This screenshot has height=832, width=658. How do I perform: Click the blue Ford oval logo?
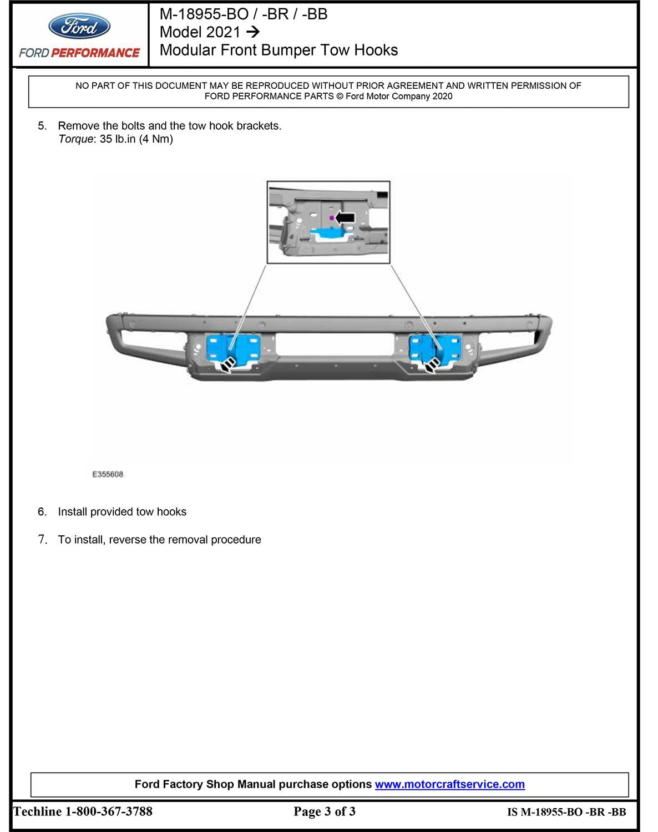[x=79, y=26]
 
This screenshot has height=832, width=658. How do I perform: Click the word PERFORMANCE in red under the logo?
[x=95, y=53]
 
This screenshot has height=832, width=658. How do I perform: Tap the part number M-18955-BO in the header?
[x=204, y=14]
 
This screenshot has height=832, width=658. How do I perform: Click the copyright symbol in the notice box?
[x=340, y=97]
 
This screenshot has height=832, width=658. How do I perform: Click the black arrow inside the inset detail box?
[x=345, y=217]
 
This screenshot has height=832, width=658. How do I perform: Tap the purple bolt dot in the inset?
[x=332, y=218]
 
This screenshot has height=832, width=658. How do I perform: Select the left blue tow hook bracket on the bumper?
[x=234, y=348]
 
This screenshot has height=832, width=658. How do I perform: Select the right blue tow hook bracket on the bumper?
[x=433, y=348]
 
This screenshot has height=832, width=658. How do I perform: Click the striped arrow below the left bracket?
[x=227, y=364]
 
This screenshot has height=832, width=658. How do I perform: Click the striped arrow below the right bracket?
[x=432, y=364]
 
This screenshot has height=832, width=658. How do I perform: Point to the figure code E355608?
[x=108, y=474]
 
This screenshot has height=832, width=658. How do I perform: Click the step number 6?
[x=42, y=512]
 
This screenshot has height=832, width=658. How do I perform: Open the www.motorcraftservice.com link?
[x=449, y=784]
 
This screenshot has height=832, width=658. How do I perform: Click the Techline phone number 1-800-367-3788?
[x=109, y=811]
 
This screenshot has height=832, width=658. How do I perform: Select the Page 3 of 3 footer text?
[x=325, y=811]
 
